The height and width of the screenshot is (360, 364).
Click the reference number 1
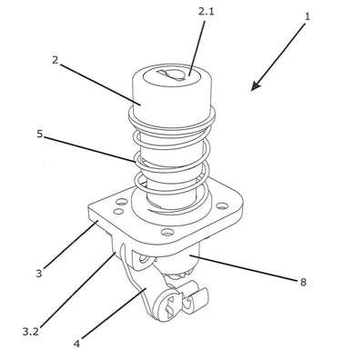308,16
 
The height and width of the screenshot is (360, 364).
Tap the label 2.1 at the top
206,12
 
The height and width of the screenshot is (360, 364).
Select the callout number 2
55,60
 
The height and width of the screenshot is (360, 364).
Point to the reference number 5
40,134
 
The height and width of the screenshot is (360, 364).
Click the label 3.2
31,332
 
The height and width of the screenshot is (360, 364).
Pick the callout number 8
303,282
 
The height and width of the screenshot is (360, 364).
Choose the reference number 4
76,344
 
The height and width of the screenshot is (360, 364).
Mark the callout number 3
39,274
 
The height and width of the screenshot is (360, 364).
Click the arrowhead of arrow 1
255,86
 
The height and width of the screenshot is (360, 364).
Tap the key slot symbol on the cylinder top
171,75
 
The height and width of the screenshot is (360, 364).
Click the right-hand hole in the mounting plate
222,205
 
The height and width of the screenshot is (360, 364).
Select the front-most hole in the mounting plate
167,232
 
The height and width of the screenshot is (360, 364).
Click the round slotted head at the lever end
167,305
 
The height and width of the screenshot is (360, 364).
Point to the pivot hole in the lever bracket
144,259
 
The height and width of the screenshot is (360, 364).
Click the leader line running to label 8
244,268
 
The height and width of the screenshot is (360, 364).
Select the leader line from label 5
89,149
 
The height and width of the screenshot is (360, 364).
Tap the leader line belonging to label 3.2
77,291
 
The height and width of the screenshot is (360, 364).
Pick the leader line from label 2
99,85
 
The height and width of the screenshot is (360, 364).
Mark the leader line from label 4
114,314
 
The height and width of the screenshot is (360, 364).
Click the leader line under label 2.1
197,48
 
